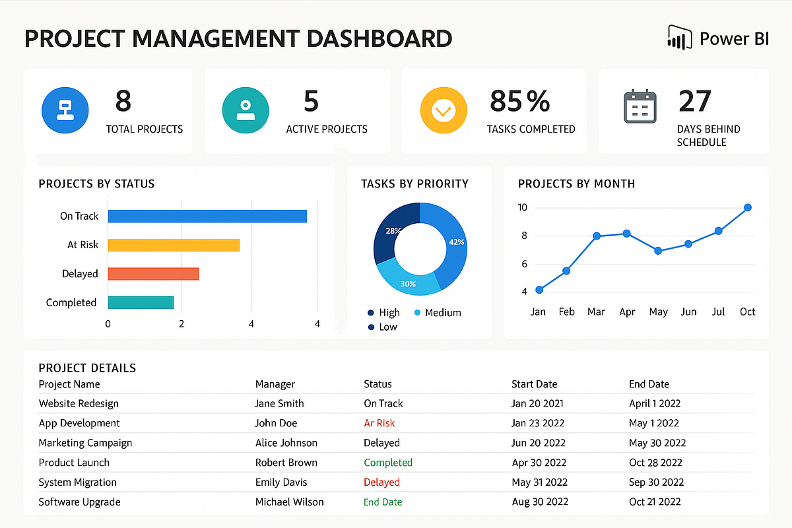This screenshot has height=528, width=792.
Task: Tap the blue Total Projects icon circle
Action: click(x=65, y=110)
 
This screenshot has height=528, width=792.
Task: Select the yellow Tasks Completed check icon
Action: click(x=444, y=110)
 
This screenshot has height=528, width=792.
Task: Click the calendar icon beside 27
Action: click(x=640, y=108)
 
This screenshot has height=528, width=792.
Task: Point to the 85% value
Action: click(x=519, y=101)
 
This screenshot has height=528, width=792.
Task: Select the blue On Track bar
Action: click(x=207, y=216)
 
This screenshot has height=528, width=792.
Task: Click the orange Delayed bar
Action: click(x=153, y=274)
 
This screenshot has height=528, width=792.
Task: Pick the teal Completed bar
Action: click(x=141, y=302)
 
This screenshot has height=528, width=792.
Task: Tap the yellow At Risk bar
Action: click(x=174, y=245)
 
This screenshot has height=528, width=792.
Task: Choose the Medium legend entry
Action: click(x=442, y=312)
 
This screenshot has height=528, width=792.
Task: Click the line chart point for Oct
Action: click(x=748, y=207)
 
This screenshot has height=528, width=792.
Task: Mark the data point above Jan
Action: click(x=539, y=290)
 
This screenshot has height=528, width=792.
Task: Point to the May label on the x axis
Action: click(x=658, y=312)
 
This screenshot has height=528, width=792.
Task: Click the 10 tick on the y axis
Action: click(x=523, y=207)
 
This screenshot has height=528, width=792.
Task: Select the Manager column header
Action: click(x=275, y=384)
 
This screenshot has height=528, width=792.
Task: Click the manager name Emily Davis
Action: click(x=281, y=482)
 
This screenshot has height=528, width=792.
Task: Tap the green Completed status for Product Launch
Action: click(x=388, y=463)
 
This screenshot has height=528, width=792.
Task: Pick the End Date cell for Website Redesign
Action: click(x=655, y=403)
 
